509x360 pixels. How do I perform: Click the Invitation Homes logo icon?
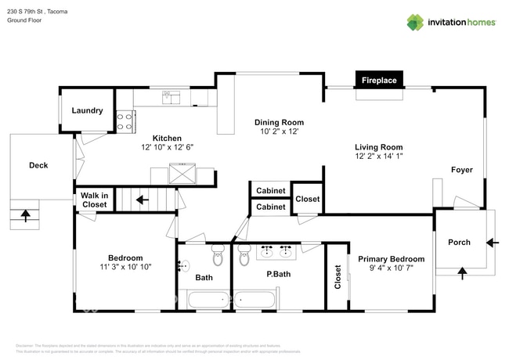click(x=415, y=22)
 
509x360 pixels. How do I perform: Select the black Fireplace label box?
click(x=378, y=80)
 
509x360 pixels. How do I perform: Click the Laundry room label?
click(x=87, y=110)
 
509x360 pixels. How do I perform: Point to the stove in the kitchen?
click(x=125, y=121)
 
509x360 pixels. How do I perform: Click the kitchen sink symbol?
click(x=171, y=96)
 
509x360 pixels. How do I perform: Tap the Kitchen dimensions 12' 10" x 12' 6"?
click(x=167, y=147)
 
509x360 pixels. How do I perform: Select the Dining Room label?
click(x=279, y=122)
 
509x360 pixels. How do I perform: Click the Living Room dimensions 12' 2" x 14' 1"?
click(x=378, y=157)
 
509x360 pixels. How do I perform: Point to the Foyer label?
click(x=461, y=170)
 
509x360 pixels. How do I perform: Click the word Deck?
click(x=38, y=165)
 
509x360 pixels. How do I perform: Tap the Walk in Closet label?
click(x=95, y=200)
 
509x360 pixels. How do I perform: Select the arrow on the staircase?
click(x=142, y=200)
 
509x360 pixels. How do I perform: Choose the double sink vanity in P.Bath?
click(x=276, y=250)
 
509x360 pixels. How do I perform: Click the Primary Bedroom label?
click(x=391, y=259)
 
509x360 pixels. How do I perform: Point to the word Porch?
click(x=459, y=242)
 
